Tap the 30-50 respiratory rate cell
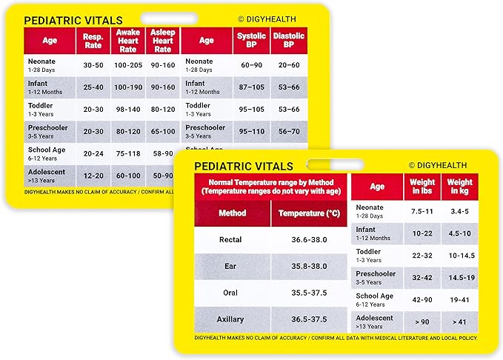[93, 65]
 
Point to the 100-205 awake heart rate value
[127, 65]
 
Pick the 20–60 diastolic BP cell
[289, 65]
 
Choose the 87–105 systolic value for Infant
[251, 87]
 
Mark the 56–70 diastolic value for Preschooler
[289, 131]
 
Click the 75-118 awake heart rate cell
[127, 153]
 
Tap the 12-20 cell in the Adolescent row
[93, 176]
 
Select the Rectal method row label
[231, 240]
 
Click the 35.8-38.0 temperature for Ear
[309, 266]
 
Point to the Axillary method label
[231, 319]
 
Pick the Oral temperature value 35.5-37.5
[309, 293]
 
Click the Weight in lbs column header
[423, 187]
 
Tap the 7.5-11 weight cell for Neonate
[423, 210]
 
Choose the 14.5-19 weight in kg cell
[460, 277]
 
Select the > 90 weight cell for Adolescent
[423, 321]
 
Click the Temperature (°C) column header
[309, 213]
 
